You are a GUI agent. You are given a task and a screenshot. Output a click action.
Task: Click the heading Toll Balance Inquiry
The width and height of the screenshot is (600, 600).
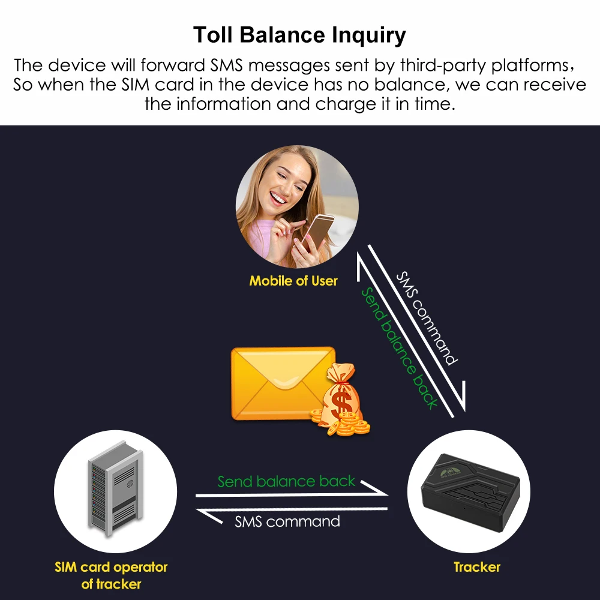tap(299, 35)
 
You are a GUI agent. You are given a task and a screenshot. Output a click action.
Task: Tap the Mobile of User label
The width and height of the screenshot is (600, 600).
tap(293, 281)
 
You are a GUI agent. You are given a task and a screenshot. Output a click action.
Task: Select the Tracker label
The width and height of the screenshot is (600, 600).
tap(476, 567)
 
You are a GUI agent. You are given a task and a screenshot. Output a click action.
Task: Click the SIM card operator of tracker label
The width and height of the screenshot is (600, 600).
tap(111, 575)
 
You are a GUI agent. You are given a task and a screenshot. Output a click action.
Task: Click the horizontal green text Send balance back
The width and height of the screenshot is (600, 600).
tap(286, 481)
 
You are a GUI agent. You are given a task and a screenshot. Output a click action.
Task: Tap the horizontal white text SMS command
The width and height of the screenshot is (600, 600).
tap(287, 521)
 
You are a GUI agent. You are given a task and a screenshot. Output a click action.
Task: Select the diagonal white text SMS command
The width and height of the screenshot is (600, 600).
tap(426, 318)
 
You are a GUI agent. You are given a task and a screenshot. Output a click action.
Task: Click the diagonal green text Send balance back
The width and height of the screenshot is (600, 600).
tap(399, 348)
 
